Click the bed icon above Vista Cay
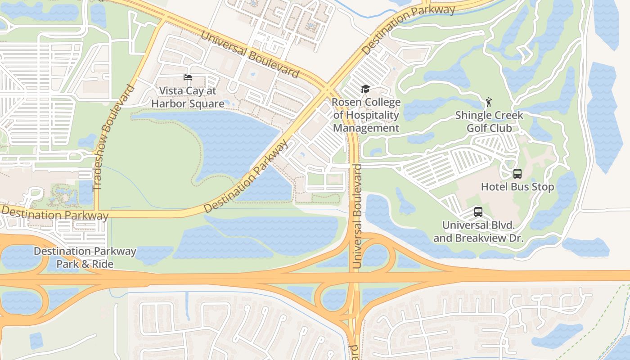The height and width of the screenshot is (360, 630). point(188,77)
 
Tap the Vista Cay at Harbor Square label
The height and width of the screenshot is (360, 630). point(188,97)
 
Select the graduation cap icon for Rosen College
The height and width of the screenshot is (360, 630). point(365,89)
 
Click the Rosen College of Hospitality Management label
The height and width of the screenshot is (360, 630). point(366,115)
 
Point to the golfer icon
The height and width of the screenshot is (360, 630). point(489,102)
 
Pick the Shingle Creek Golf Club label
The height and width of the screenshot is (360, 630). point(489,121)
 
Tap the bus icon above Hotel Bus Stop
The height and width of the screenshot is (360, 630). point(517,173)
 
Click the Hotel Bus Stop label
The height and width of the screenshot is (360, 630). point(517,187)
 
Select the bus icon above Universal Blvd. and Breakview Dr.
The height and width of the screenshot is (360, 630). point(478,211)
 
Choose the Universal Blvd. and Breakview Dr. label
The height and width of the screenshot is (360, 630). point(478,231)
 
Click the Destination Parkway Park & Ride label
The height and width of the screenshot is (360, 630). point(85,257)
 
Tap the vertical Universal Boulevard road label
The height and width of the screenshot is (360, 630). point(358,216)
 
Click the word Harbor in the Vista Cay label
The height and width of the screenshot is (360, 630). point(171,103)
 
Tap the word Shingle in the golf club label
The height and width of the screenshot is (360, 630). point(473,115)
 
